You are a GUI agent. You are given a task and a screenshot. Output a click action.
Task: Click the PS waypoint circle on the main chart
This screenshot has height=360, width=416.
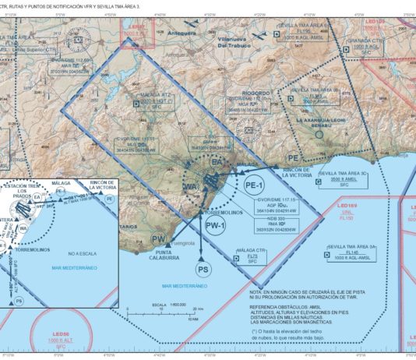[203, 270]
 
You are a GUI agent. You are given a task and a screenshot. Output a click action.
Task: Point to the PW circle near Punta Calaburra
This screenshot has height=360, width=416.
[159, 239]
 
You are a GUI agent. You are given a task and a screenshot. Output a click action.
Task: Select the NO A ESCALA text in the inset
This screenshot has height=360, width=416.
[82, 253]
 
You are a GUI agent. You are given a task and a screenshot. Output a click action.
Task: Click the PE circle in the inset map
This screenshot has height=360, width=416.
[109, 199]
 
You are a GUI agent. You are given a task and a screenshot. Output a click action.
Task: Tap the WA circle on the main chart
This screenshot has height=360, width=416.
[189, 188]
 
